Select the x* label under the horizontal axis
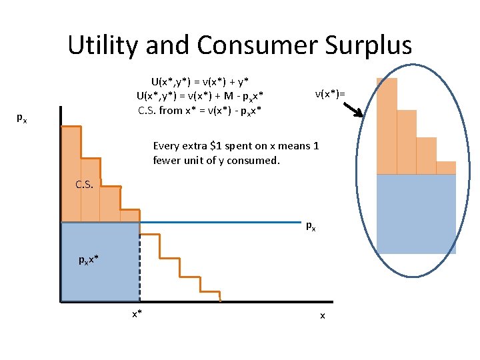coord(136,313)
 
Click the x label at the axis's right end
coord(323,314)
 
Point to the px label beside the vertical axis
coord(22,118)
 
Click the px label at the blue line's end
coord(311,226)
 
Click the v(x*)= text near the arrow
coord(330,94)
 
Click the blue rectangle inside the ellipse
coord(416,213)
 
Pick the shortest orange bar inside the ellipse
coord(446,167)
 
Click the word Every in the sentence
coord(166,145)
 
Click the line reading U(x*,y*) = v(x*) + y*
coord(200,81)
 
